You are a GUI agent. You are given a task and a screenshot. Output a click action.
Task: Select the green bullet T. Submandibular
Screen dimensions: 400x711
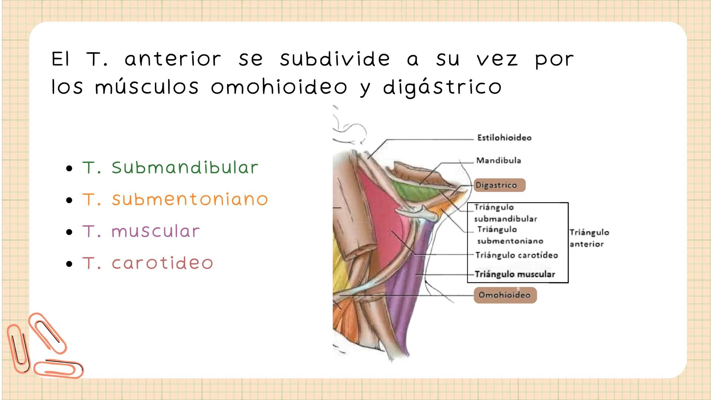pyautogui.click(x=170, y=168)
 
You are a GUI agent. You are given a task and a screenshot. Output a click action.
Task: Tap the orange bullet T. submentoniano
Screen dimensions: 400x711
pyautogui.click(x=175, y=200)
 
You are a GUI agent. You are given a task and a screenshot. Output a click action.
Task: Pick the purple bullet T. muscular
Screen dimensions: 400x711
pyautogui.click(x=141, y=231)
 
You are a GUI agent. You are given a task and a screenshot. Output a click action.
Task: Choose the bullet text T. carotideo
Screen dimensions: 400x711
pyautogui.click(x=147, y=263)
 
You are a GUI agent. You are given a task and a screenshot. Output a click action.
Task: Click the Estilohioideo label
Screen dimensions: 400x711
pyautogui.click(x=504, y=138)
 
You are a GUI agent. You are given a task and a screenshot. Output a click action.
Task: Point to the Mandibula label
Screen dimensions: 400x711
pyautogui.click(x=498, y=160)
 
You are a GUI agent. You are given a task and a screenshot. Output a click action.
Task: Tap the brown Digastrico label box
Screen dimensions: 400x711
pyautogui.click(x=499, y=185)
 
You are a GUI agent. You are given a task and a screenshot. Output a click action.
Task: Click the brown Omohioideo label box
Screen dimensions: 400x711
pyautogui.click(x=504, y=295)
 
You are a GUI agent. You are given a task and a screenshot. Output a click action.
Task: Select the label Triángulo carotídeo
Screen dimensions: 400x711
pyautogui.click(x=516, y=255)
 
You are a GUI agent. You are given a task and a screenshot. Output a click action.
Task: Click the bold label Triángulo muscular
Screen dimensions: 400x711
pyautogui.click(x=515, y=274)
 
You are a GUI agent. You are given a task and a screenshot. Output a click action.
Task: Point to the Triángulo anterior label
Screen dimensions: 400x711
pyautogui.click(x=589, y=238)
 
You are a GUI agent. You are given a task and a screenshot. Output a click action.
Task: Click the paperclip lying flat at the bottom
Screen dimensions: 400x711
pyautogui.click(x=59, y=369)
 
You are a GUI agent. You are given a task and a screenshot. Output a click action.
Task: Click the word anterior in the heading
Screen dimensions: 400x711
pyautogui.click(x=173, y=59)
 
